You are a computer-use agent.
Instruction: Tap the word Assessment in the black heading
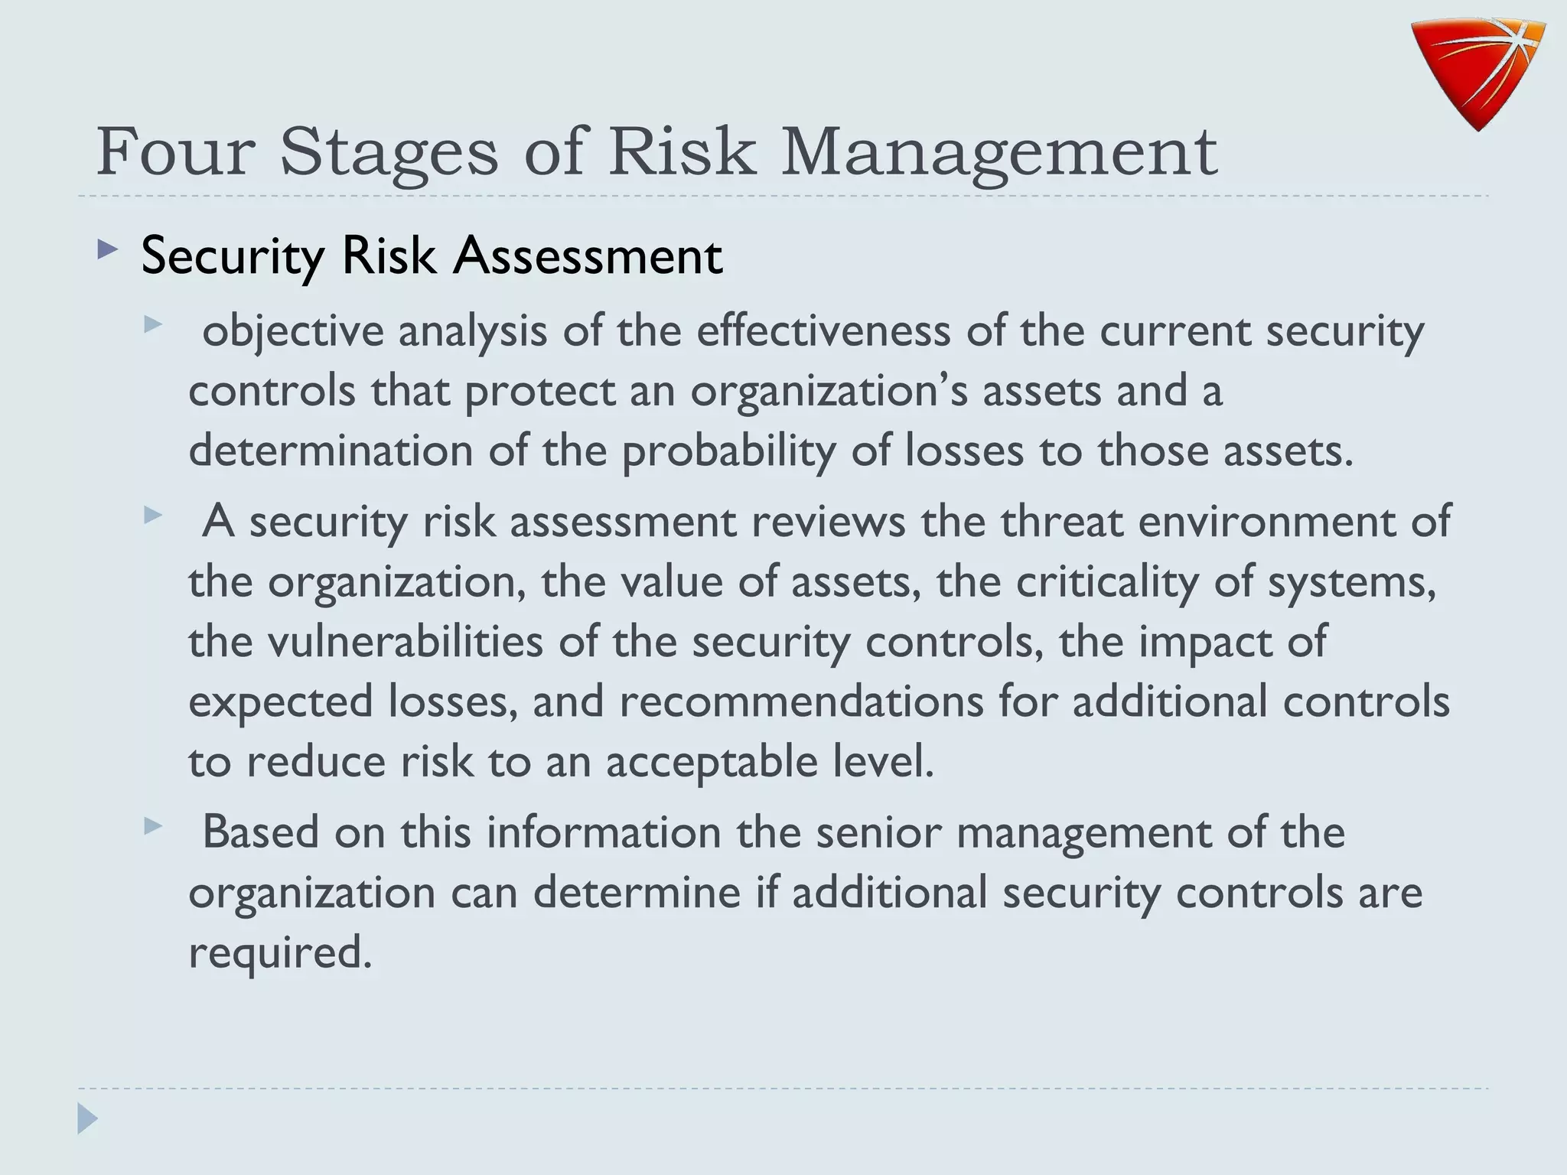pyautogui.click(x=587, y=256)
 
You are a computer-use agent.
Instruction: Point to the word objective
pyautogui.click(x=292, y=332)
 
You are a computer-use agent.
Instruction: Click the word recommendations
pyautogui.click(x=801, y=701)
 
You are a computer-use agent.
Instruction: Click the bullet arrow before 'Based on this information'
pyautogui.click(x=153, y=826)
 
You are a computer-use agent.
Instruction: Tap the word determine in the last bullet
pyautogui.click(x=637, y=893)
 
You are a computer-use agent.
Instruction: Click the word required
pyautogui.click(x=280, y=952)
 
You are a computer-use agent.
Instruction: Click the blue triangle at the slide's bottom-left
pyautogui.click(x=87, y=1118)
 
